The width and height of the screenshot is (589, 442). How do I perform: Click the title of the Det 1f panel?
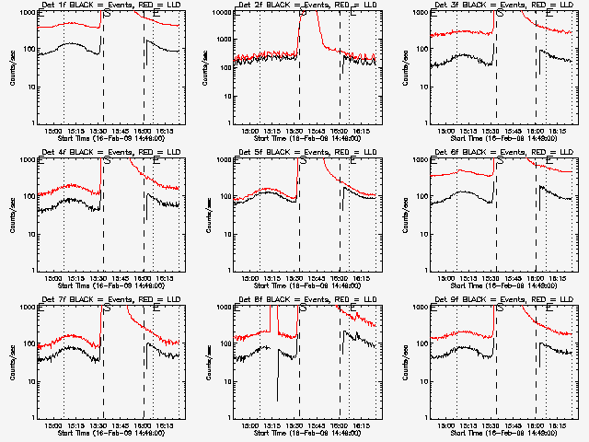(110, 6)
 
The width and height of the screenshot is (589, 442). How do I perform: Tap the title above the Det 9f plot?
(503, 300)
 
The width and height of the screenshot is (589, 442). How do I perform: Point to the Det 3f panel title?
(503, 6)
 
